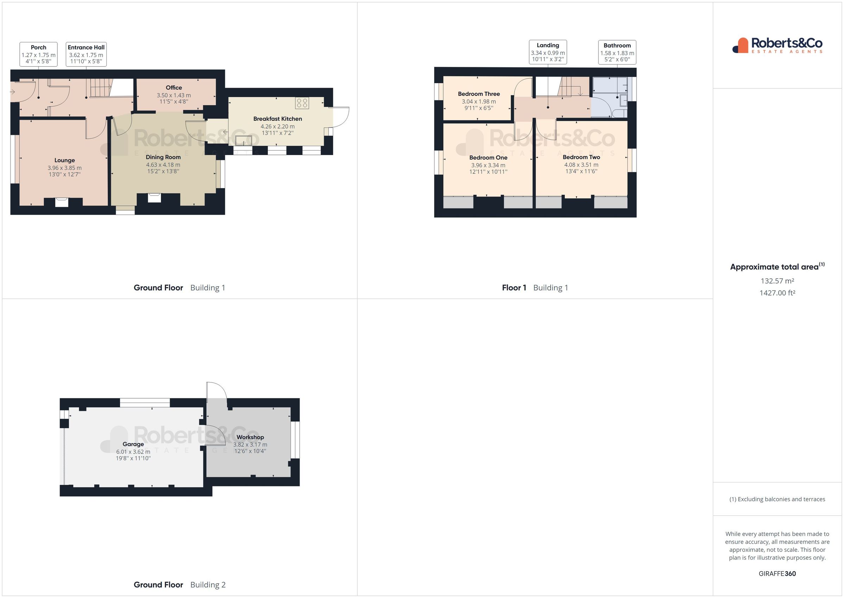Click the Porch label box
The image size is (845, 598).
tap(39, 54)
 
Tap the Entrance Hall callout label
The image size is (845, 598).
tap(86, 54)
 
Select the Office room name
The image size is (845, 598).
tap(174, 88)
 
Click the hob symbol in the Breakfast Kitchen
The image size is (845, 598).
tap(302, 103)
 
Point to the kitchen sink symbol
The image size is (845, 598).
tap(244, 140)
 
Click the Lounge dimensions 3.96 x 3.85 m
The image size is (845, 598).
tap(64, 168)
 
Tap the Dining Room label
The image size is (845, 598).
tap(163, 157)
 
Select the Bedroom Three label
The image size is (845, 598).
tap(478, 94)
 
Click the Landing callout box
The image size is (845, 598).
tap(547, 52)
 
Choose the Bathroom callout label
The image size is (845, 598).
tap(617, 52)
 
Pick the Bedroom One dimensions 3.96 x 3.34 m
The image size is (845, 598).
tap(488, 165)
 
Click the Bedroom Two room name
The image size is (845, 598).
tap(581, 157)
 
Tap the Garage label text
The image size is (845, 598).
tap(133, 444)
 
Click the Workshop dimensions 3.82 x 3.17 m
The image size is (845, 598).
tap(250, 444)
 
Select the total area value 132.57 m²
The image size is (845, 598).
tap(777, 281)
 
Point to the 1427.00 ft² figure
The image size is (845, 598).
tap(777, 293)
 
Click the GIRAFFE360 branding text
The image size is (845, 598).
tap(777, 573)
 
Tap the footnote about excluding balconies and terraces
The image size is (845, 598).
tap(777, 499)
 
